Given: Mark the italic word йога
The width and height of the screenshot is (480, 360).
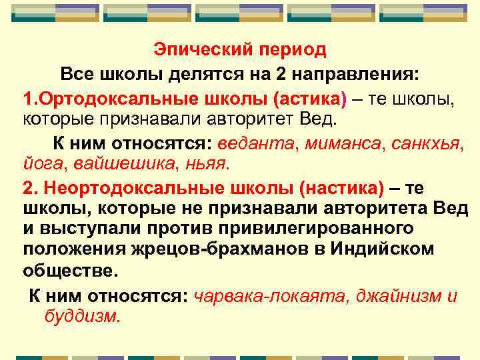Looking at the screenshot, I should coord(41,163).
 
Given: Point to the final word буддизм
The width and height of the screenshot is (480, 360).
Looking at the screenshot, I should coord(82,315).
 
